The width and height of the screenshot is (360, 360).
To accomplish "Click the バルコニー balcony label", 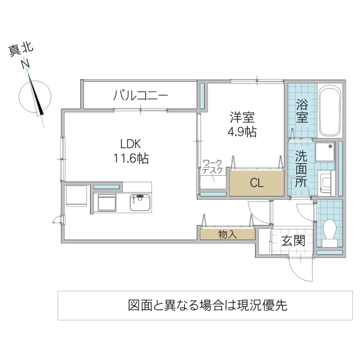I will click(140, 95).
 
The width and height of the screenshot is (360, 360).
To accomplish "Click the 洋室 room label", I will click(242, 117).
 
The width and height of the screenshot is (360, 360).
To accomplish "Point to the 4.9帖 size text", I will click(242, 131).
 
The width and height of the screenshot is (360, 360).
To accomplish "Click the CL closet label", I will click(255, 184).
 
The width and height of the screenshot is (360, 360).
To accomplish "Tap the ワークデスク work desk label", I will click(212, 167).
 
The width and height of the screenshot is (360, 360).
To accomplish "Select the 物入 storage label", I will click(228, 235).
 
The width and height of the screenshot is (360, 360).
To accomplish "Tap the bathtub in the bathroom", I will click(329, 112).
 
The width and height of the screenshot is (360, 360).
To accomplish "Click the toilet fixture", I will click(329, 231).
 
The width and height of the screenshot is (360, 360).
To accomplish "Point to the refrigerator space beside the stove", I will click(76, 197).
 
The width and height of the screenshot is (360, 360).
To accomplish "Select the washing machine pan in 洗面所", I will click(325, 153).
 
